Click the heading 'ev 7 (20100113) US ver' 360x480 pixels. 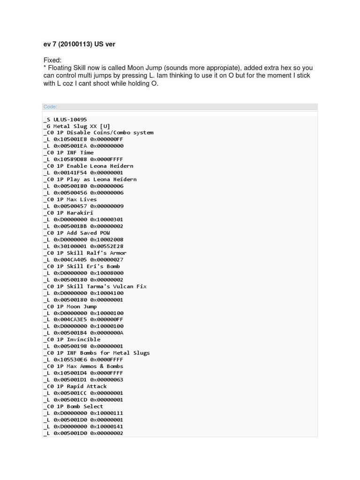79,44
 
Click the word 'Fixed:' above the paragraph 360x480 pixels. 52,60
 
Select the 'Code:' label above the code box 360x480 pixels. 50,107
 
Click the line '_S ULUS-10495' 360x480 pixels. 65,120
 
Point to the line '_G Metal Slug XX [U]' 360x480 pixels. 77,126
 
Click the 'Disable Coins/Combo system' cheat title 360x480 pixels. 110,133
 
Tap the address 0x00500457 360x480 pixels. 70,206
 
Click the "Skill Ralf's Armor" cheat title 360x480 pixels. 97,253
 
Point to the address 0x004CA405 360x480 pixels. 70,260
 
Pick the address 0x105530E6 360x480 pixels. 70,360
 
